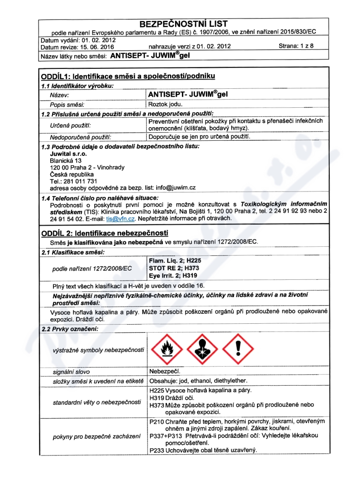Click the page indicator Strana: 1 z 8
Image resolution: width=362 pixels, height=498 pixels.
296,46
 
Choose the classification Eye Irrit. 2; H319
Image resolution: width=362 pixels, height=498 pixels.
173,275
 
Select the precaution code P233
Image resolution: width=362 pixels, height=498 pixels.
156,450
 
